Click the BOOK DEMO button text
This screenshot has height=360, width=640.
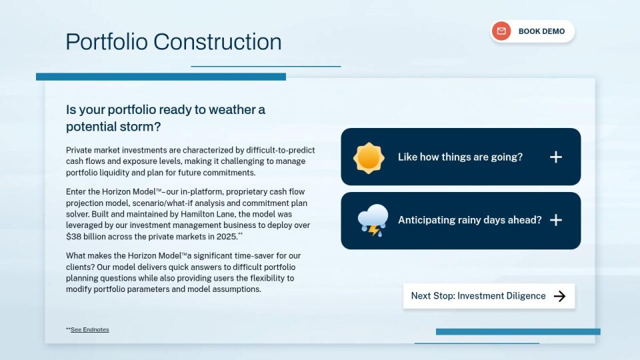(x=541, y=31)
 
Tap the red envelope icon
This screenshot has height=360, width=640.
(x=501, y=31)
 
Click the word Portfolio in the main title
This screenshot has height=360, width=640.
(x=107, y=41)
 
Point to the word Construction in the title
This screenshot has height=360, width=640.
(x=217, y=41)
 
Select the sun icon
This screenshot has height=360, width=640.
(x=369, y=158)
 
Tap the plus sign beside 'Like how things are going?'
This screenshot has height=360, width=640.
(x=555, y=157)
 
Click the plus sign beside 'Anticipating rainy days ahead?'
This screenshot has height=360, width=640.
(x=555, y=221)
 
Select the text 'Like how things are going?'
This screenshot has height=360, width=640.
(x=460, y=157)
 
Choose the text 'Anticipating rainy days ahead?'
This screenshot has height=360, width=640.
(x=470, y=220)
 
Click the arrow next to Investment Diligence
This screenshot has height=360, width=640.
(x=559, y=296)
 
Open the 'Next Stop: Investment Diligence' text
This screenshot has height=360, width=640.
(x=478, y=296)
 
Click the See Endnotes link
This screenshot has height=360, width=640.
(x=90, y=329)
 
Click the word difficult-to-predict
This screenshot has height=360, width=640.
(x=281, y=150)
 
